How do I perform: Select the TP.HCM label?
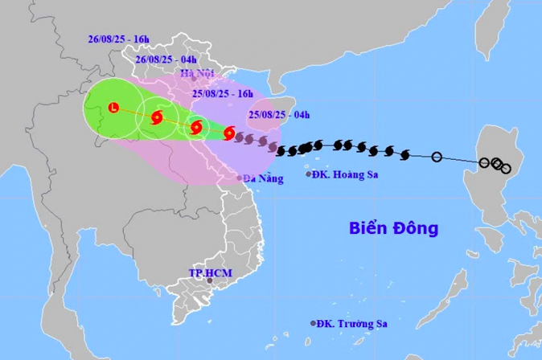pos(210,273)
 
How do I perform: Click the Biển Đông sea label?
pos(394,228)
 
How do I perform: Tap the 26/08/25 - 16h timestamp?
pos(118,39)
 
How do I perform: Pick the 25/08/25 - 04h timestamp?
pos(280,115)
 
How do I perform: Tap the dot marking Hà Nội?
pos(194,78)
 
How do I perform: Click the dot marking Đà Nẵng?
pos(240,178)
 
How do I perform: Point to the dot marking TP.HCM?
pos(209,281)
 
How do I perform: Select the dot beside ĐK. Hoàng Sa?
pos(309,174)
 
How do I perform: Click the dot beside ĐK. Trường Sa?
pos(314,323)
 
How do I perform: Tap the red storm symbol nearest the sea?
pos(229,133)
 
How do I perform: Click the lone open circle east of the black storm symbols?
pos(437,157)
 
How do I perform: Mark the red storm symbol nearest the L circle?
pos(157,118)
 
